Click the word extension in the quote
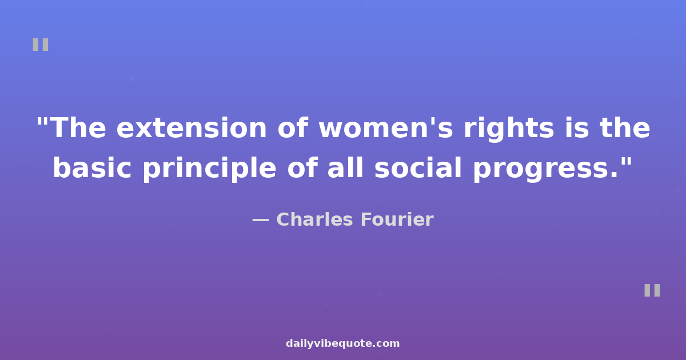(192, 128)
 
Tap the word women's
(385, 128)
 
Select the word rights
(509, 129)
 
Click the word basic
(92, 167)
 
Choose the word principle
(209, 169)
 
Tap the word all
(345, 167)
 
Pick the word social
(418, 167)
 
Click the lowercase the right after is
(625, 127)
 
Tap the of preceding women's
(293, 127)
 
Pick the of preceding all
(302, 167)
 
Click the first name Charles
(314, 219)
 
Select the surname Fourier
(397, 219)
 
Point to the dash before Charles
(261, 220)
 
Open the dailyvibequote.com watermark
(342, 343)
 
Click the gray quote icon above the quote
(41, 45)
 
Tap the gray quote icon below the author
(652, 290)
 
